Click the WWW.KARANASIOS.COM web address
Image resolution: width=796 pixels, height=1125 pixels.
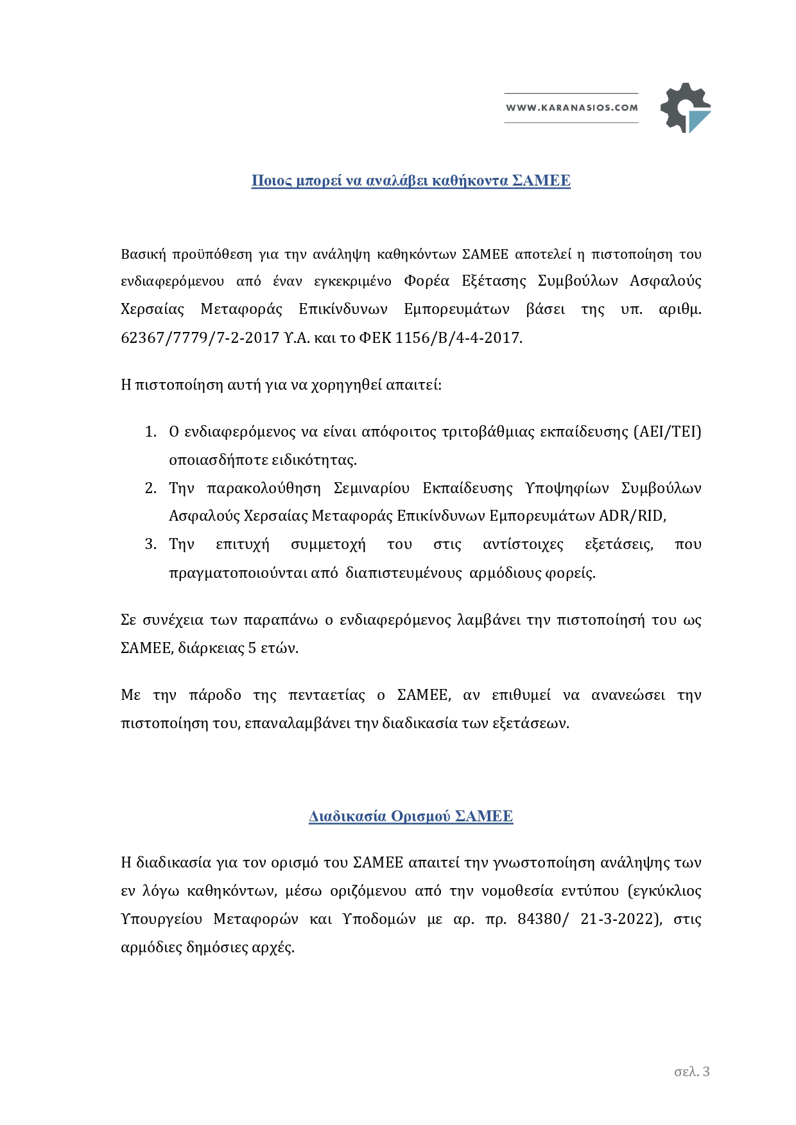[572, 108]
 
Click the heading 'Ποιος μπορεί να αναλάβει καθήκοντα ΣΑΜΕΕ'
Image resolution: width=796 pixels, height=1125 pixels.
[411, 180]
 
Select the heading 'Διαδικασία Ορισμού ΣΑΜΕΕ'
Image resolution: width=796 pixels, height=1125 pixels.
[411, 816]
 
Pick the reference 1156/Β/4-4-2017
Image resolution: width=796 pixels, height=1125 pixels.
[458, 338]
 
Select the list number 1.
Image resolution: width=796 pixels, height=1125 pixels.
[151, 432]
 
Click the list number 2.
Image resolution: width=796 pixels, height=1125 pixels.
[151, 488]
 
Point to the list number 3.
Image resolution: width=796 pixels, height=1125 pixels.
[151, 545]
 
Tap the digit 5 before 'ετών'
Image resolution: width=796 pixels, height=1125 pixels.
[253, 648]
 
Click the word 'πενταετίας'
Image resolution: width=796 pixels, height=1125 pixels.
[327, 695]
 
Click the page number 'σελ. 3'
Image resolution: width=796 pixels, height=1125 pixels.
[692, 1071]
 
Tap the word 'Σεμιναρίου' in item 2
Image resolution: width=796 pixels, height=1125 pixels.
[372, 488]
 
